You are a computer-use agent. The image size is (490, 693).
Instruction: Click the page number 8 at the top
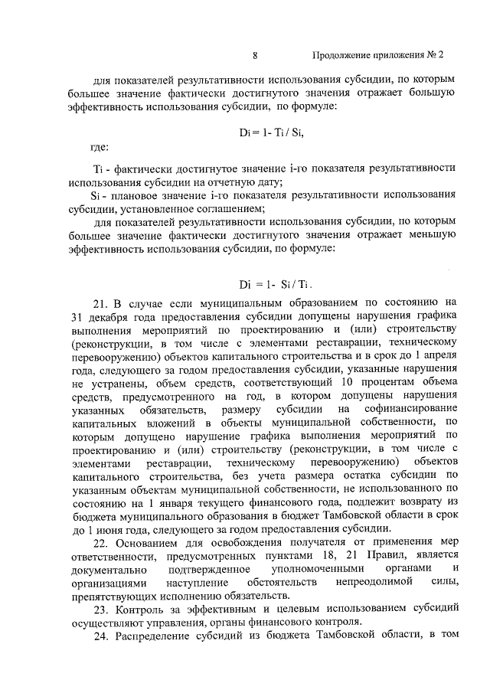[x=255, y=55]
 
